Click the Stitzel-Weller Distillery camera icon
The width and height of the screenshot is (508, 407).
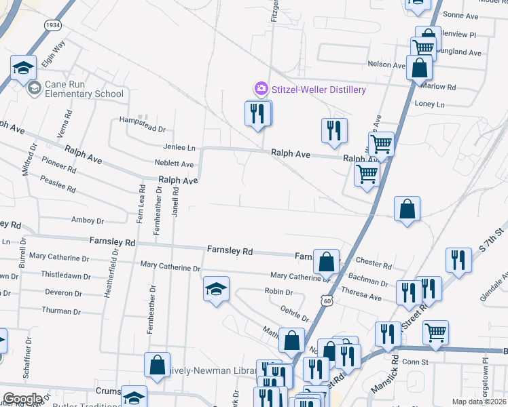coord(261,89)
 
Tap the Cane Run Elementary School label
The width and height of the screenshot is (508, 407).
coord(84,89)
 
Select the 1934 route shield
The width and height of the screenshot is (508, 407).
coord(53,24)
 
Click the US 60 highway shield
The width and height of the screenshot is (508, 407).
coord(327,299)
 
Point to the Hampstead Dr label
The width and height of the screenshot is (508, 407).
coord(142,128)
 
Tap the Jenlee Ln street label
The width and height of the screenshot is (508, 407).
coord(179,147)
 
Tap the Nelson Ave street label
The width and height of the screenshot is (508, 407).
coord(386,64)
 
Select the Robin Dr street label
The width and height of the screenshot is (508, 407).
coord(278,292)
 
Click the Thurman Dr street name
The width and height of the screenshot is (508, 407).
coord(61,311)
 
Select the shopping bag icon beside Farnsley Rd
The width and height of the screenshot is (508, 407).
coord(327,261)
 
